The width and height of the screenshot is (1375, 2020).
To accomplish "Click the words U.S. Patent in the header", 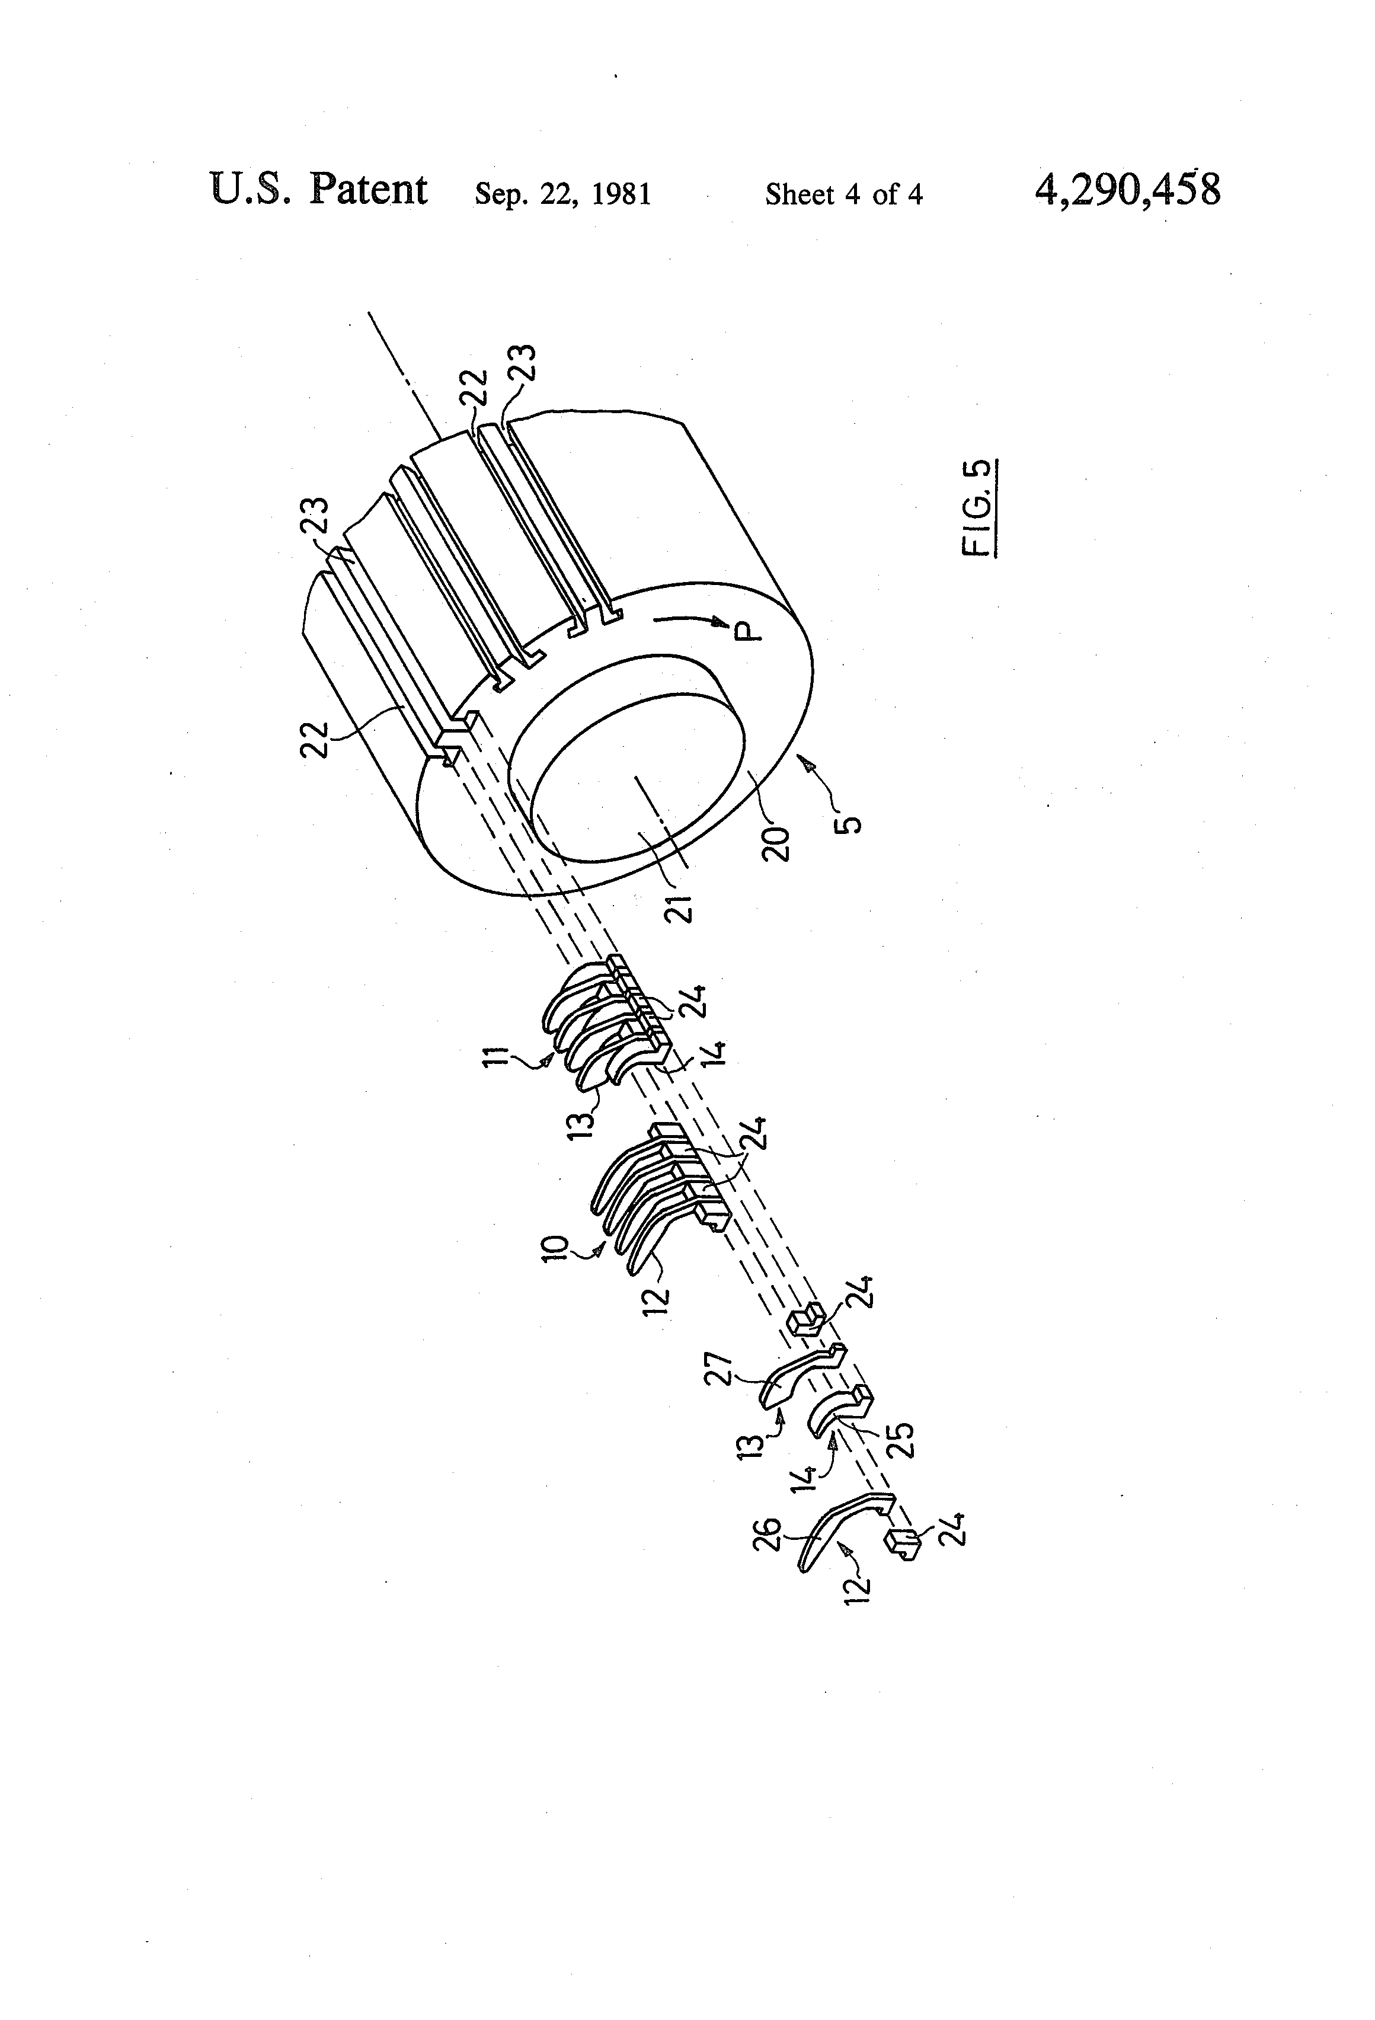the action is pos(318,190).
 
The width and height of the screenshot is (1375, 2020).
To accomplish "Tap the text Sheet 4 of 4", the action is pos(843,194).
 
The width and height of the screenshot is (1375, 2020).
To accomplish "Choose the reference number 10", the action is pos(557,1248).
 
